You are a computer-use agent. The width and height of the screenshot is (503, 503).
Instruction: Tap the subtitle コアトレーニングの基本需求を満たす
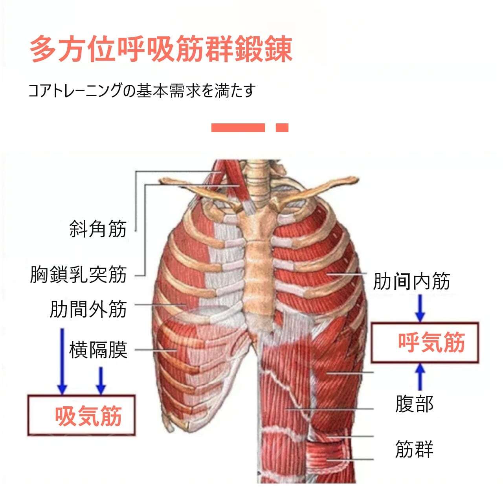[142, 91]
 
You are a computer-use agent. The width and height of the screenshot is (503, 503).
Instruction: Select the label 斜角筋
[98, 228]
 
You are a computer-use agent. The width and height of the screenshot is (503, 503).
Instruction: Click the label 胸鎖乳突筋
[79, 274]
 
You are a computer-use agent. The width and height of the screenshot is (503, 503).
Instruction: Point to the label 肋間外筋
[88, 309]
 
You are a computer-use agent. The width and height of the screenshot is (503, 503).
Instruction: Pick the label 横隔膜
[98, 349]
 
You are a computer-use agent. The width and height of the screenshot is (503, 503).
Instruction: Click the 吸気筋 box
[82, 415]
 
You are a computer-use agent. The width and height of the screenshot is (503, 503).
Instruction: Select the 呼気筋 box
[425, 342]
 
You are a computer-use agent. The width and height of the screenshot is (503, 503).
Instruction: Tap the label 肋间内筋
[411, 281]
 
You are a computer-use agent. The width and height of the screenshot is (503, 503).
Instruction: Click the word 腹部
[414, 404]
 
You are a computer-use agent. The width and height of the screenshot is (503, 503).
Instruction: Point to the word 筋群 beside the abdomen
[414, 449]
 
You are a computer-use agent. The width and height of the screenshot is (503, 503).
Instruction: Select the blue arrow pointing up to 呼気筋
[420, 376]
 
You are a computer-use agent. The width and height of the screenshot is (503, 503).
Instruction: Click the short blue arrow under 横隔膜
[101, 380]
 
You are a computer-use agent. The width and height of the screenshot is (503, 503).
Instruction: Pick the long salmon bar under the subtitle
[238, 128]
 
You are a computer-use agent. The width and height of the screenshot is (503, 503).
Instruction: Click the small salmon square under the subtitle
[282, 128]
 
